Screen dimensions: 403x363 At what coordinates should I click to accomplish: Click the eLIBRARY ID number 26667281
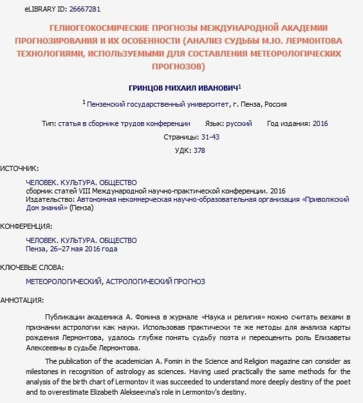[x=82, y=10]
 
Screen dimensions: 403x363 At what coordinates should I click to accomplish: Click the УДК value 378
[x=199, y=150]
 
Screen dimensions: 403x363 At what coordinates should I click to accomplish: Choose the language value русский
[x=238, y=123]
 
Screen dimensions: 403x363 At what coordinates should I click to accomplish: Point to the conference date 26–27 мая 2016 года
[x=81, y=249]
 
